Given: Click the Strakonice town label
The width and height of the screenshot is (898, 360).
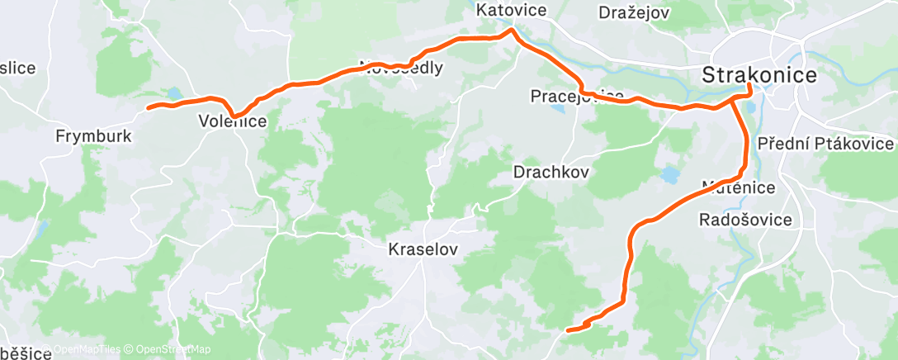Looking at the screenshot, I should coord(759,74).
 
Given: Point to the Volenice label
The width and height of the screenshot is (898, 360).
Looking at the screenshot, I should coord(233,121).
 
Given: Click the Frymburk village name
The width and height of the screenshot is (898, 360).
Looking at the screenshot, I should coord(92,135).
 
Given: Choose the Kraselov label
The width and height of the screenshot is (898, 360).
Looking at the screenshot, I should coord(423,248).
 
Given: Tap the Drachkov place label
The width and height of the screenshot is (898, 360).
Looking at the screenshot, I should coord(551,173).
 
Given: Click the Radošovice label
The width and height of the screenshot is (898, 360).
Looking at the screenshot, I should coord(745,220).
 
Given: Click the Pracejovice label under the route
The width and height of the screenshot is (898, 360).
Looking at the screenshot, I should coord(576,97).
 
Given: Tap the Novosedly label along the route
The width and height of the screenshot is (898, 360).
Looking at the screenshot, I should coord(400,68).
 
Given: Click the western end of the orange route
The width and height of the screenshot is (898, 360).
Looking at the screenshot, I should coord(148,107).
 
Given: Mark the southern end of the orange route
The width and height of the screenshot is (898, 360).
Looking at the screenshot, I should coord(566,331).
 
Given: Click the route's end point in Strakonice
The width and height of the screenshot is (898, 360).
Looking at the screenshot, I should coord(749,85).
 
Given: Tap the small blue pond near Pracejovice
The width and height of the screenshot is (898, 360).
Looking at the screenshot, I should coord(557,107).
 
